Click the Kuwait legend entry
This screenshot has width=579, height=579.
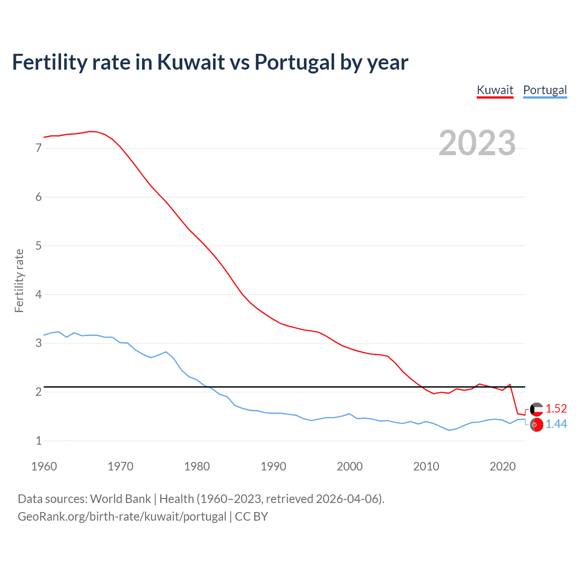click(x=495, y=90)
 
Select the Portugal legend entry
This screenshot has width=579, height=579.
click(x=545, y=90)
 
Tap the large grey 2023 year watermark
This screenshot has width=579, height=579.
click(x=477, y=143)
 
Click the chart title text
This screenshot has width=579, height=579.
click(x=210, y=62)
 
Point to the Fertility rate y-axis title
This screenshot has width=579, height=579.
click(x=19, y=280)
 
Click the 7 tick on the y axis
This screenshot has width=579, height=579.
click(x=38, y=148)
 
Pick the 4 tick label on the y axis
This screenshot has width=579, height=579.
click(x=38, y=294)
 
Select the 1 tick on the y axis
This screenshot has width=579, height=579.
click(x=38, y=441)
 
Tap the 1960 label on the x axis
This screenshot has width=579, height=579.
click(x=44, y=466)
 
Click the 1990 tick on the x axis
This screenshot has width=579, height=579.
click(x=273, y=466)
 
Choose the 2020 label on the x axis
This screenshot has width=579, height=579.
click(x=503, y=466)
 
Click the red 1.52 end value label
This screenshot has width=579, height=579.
click(x=556, y=408)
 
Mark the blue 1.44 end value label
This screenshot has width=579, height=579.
click(x=556, y=424)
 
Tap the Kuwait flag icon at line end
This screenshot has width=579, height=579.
click(x=536, y=409)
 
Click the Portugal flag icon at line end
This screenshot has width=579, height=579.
click(x=536, y=425)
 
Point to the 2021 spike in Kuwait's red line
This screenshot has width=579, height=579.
click(x=510, y=384)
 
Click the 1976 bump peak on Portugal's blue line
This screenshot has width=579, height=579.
click(x=166, y=352)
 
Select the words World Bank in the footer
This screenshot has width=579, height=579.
click(x=120, y=499)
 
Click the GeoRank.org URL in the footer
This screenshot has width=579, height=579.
click(x=122, y=517)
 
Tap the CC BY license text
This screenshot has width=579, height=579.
click(x=252, y=517)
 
